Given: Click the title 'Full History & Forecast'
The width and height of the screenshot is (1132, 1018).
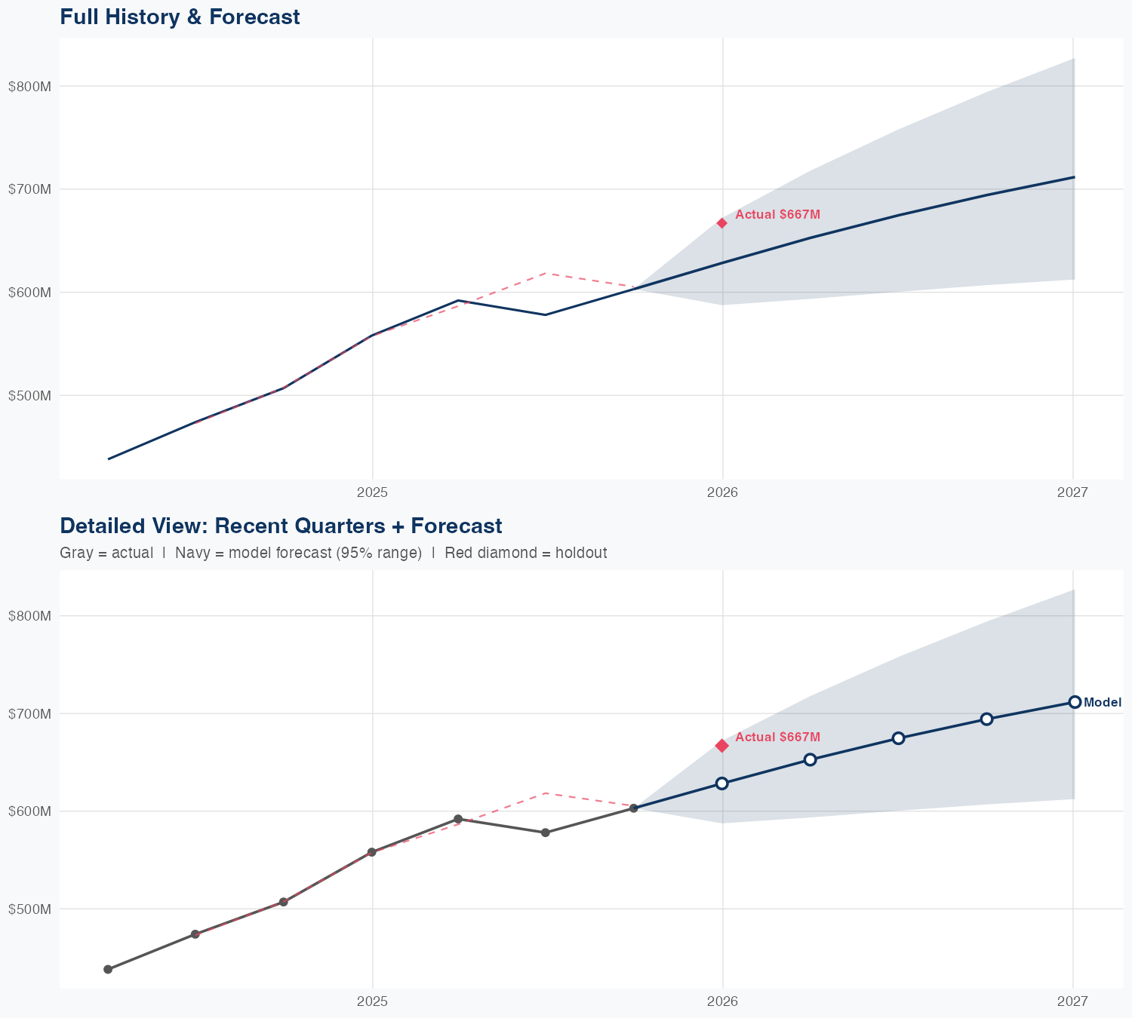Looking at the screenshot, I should click(x=180, y=17).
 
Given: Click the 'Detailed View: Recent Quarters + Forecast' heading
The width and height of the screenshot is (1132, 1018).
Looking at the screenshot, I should click(x=281, y=526).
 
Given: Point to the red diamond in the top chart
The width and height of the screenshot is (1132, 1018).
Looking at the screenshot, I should click(x=722, y=223).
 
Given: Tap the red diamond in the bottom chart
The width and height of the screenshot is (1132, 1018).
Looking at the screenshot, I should click(x=722, y=746).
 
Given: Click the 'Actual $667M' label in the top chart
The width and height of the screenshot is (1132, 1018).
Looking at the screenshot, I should click(x=777, y=215).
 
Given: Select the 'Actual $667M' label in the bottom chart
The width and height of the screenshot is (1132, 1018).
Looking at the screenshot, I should click(x=777, y=737).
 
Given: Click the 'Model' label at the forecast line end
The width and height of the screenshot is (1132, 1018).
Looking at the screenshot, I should click(x=1103, y=703).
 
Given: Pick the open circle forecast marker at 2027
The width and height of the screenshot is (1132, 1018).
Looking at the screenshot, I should click(x=1075, y=702).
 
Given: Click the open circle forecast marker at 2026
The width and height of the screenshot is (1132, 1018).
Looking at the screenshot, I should click(x=722, y=783).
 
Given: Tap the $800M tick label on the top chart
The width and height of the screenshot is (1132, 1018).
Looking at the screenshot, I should click(x=29, y=86).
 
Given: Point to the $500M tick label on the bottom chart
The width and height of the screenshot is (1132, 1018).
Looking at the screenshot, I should click(x=29, y=909).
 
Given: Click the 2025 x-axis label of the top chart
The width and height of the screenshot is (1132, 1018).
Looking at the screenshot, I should click(x=372, y=493).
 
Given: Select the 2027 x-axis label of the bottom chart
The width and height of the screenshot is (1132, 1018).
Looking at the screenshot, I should click(x=1072, y=1001).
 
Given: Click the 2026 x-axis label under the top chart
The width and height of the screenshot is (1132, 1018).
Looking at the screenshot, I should click(x=722, y=493).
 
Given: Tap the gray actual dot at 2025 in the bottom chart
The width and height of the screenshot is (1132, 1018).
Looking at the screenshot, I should click(x=371, y=852).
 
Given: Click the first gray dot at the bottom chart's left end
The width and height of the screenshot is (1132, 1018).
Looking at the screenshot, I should click(x=108, y=970).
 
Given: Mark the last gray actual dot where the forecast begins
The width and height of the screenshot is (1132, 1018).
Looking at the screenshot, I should click(x=634, y=808).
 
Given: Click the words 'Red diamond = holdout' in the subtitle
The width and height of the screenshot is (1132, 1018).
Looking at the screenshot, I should click(x=526, y=553).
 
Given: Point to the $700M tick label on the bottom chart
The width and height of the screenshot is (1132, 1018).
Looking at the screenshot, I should click(x=29, y=713).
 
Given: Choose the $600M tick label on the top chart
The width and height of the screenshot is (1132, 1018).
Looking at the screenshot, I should click(x=29, y=293).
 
